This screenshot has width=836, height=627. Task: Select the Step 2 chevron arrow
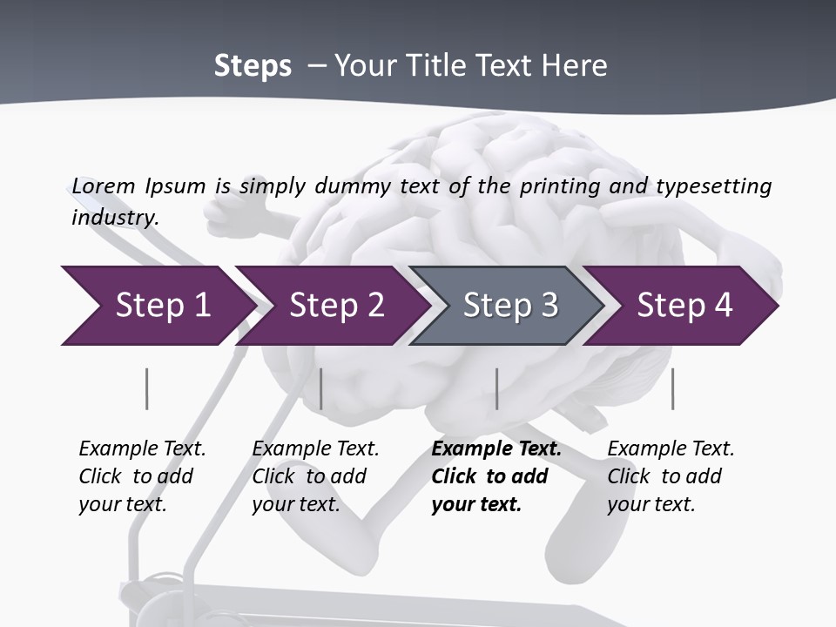tap(335, 306)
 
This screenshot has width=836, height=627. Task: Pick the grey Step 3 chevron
tap(509, 306)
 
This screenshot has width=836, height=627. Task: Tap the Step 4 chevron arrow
tap(684, 306)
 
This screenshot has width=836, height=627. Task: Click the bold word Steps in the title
tap(253, 66)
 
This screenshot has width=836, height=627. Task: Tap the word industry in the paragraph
tap(114, 218)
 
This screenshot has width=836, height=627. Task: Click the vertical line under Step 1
tap(147, 388)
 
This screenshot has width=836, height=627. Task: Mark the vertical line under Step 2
tap(321, 388)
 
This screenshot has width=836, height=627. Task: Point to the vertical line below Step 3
tap(497, 388)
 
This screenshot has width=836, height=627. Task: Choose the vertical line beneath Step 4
tap(673, 388)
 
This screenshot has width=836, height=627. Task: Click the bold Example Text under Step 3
tap(496, 449)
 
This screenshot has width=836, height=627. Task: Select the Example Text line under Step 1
tap(142, 449)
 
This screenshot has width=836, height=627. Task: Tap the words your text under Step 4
tap(651, 504)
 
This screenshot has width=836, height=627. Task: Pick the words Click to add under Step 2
tap(309, 476)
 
